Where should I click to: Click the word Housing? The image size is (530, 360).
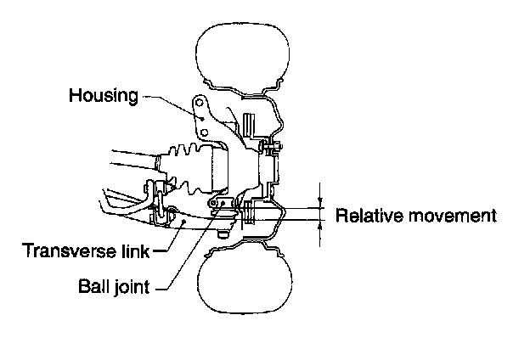[x=103, y=94]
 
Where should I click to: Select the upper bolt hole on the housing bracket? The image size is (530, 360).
[x=200, y=104]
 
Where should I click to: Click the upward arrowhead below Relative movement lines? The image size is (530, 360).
[x=320, y=226]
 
